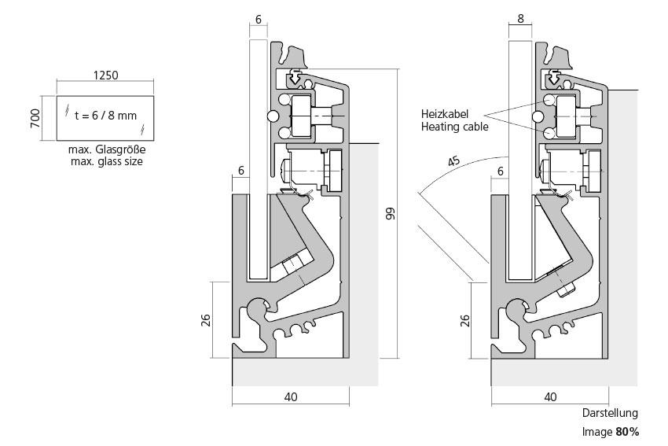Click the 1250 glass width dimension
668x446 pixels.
coord(105,76)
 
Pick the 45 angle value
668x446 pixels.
coord(453,161)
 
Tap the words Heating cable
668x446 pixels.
coord(455,126)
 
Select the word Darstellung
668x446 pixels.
coord(610,413)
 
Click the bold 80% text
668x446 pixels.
coord(627,432)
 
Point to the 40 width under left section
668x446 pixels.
coord(291,397)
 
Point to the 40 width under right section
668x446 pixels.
coord(549,397)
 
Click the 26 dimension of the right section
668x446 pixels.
coord(464,319)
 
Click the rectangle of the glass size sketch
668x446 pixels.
coord(105,116)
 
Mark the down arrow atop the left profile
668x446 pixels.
coord(294,77)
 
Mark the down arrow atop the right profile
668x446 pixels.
coord(553,77)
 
